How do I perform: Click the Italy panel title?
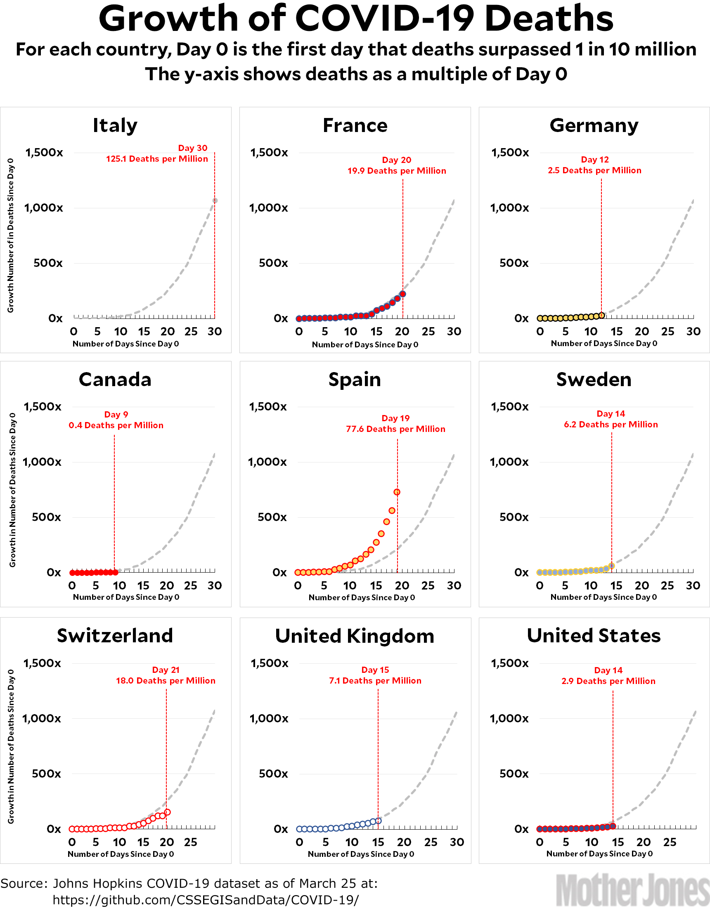[x=115, y=125]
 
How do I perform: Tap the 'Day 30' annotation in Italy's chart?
[x=193, y=148]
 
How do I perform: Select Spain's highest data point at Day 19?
[x=397, y=492]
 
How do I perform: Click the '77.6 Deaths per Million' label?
[x=395, y=429]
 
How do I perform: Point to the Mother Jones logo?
[x=633, y=889]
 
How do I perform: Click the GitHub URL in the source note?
[x=206, y=900]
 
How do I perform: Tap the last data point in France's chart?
[x=402, y=295]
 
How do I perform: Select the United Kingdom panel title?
[x=355, y=637]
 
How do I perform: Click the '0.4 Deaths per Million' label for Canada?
[x=116, y=425]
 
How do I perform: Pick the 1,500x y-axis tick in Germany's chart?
[x=510, y=153]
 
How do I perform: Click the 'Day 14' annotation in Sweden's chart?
[x=611, y=414]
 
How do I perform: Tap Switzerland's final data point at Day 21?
[x=167, y=812]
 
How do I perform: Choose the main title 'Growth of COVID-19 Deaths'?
[x=356, y=19]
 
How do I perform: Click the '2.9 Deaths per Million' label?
[x=608, y=682]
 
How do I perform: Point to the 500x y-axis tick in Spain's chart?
[x=272, y=517]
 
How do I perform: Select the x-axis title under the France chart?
[x=365, y=344]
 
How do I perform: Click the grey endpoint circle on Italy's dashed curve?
[x=215, y=201]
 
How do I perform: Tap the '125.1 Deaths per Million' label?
[x=157, y=159]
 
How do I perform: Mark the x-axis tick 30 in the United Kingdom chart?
[x=457, y=842]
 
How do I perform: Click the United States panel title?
[x=594, y=636]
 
